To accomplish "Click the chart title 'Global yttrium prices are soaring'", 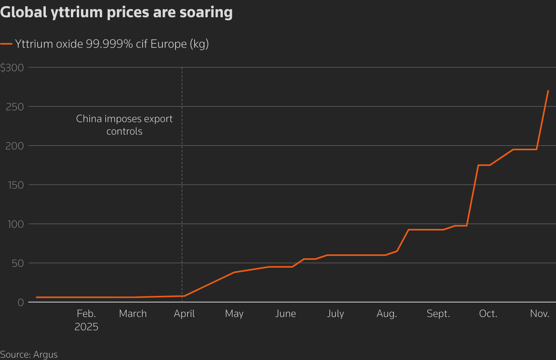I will click(x=116, y=12).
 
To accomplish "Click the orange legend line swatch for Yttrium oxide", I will click(x=6, y=44).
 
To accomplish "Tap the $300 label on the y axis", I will click(x=12, y=68).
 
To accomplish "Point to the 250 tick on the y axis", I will click(x=15, y=106).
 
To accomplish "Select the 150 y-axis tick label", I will click(x=15, y=185).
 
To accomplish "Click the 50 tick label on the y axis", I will click(x=17, y=263).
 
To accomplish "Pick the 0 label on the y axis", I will click(x=20, y=302).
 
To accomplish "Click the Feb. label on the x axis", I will click(x=86, y=314).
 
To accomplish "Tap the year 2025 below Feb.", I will click(x=86, y=327).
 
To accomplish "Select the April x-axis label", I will click(x=184, y=314).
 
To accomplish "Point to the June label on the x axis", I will click(x=285, y=314).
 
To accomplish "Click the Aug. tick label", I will click(x=386, y=314).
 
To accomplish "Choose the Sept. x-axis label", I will click(x=438, y=314).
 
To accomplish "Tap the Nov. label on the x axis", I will click(x=540, y=314).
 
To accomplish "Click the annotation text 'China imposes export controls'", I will click(x=124, y=125).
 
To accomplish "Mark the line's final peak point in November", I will click(x=548, y=91).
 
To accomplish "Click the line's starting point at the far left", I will click(x=36, y=297).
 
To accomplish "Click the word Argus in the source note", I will click(x=45, y=355).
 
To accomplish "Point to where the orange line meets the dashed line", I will click(x=182, y=296).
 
